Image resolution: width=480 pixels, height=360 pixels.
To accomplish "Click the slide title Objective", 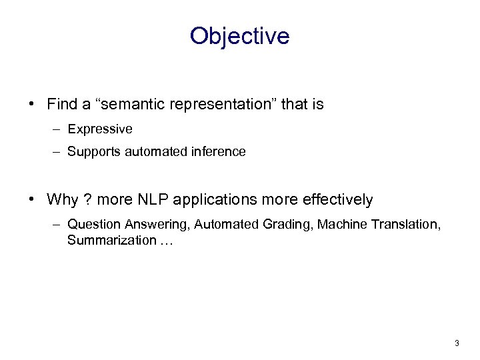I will click(x=239, y=36).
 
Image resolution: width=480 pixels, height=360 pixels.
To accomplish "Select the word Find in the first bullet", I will click(x=62, y=105).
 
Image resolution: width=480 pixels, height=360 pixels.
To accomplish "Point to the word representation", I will click(x=223, y=105).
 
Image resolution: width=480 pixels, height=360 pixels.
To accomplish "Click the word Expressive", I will click(x=99, y=129).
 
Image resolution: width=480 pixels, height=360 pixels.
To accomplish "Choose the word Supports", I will click(x=91, y=152).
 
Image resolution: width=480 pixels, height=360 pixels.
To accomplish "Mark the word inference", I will click(x=220, y=152).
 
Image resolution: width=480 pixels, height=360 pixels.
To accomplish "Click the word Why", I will click(x=62, y=199).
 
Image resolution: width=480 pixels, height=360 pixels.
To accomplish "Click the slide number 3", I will click(x=457, y=343).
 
